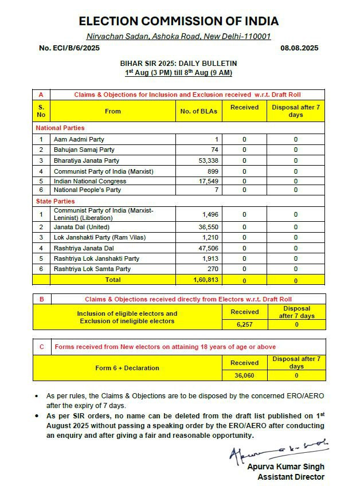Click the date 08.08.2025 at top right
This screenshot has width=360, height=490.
[299, 48]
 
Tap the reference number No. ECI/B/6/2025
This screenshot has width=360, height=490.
[69, 48]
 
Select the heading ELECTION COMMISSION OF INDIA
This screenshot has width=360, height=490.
[179, 21]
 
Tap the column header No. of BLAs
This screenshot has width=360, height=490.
[199, 111]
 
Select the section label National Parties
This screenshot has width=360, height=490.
[60, 128]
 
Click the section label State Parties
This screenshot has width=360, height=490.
[56, 201]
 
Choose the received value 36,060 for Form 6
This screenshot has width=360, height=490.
[245, 375]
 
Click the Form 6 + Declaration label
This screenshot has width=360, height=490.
[127, 368]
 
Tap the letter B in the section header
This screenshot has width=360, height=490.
[41, 299]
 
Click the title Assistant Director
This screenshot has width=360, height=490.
[291, 477]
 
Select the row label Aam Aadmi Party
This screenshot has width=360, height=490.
[79, 139]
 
